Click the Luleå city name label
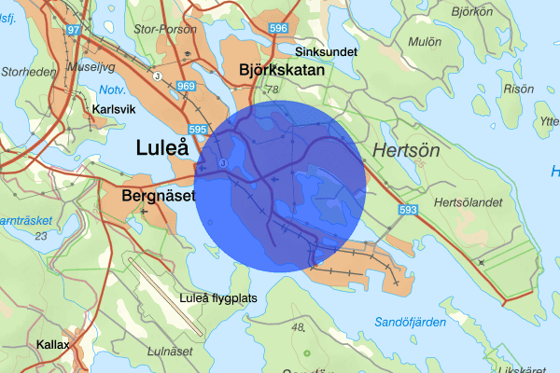coord(162,147)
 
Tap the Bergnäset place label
coord(156,196)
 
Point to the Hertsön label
coord(405,150)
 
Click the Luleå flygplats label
coord(217,298)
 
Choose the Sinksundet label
coord(326,52)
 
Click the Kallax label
coord(52,344)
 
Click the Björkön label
coord(471,14)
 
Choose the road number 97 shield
coord(75,31)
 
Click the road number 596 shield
coord(278,29)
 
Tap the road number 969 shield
coord(186,87)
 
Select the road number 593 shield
coord(408,211)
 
